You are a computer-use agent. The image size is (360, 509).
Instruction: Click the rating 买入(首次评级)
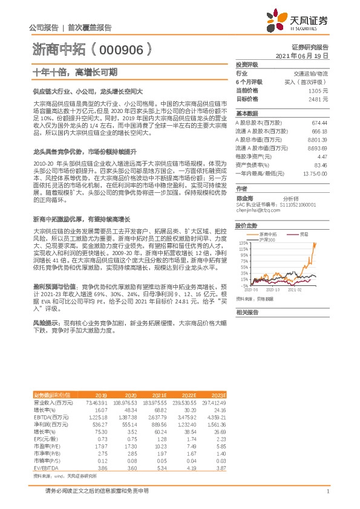click(309, 81)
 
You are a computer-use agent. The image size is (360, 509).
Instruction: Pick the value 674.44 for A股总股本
click(318, 122)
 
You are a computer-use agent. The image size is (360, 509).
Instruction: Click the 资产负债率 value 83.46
click(319, 164)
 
